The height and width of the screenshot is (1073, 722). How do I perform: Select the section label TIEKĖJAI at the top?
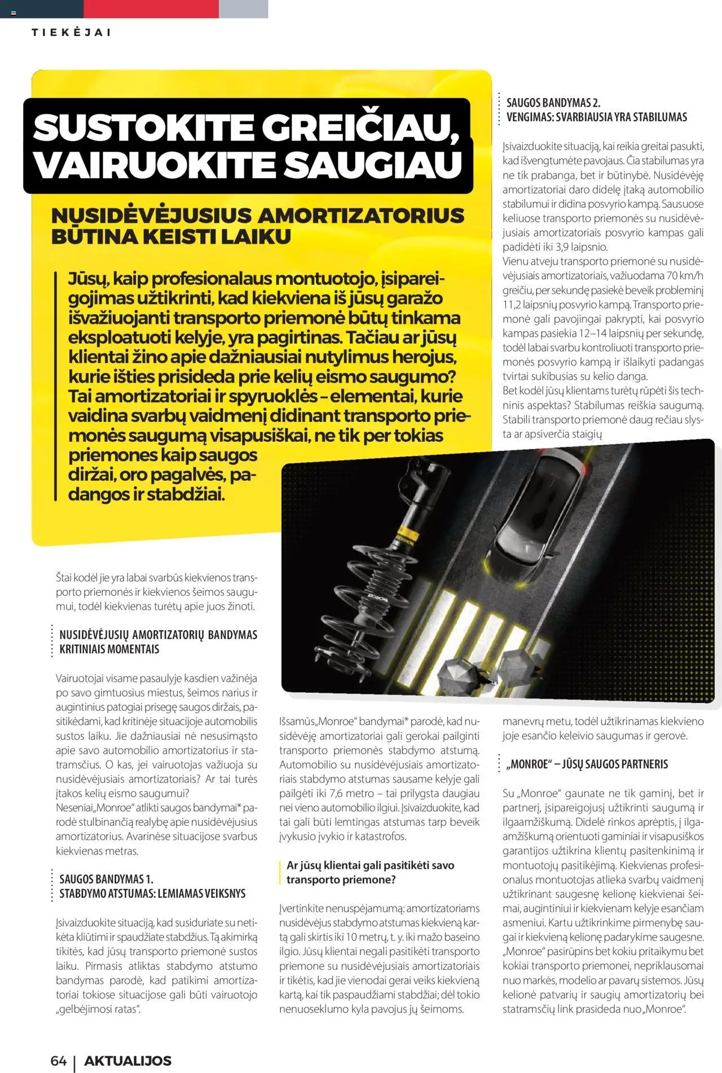pos(71,32)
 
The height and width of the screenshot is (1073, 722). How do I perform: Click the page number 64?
pos(59,1061)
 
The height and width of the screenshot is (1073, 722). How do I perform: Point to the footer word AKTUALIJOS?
pos(127,1061)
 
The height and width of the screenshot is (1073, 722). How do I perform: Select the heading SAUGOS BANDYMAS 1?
pos(106,879)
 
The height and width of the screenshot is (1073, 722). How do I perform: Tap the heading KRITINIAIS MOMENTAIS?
pos(109,649)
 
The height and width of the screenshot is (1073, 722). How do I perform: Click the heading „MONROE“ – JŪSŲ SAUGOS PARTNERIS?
pos(587,764)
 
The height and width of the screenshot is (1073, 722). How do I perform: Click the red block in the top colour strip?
pos(151,8)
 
